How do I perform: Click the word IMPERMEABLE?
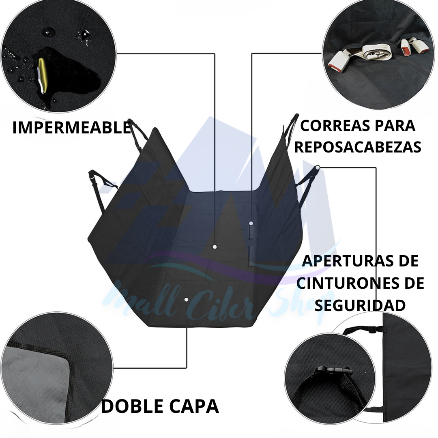[72, 127]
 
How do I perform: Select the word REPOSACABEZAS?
[358, 147]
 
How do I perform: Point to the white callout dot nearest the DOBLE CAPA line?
[186, 299]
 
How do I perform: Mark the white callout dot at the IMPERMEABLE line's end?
[215, 247]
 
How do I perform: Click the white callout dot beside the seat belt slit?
[251, 223]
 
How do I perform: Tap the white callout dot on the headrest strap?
[318, 167]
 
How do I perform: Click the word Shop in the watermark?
[302, 302]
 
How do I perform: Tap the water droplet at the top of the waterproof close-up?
[47, 31]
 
